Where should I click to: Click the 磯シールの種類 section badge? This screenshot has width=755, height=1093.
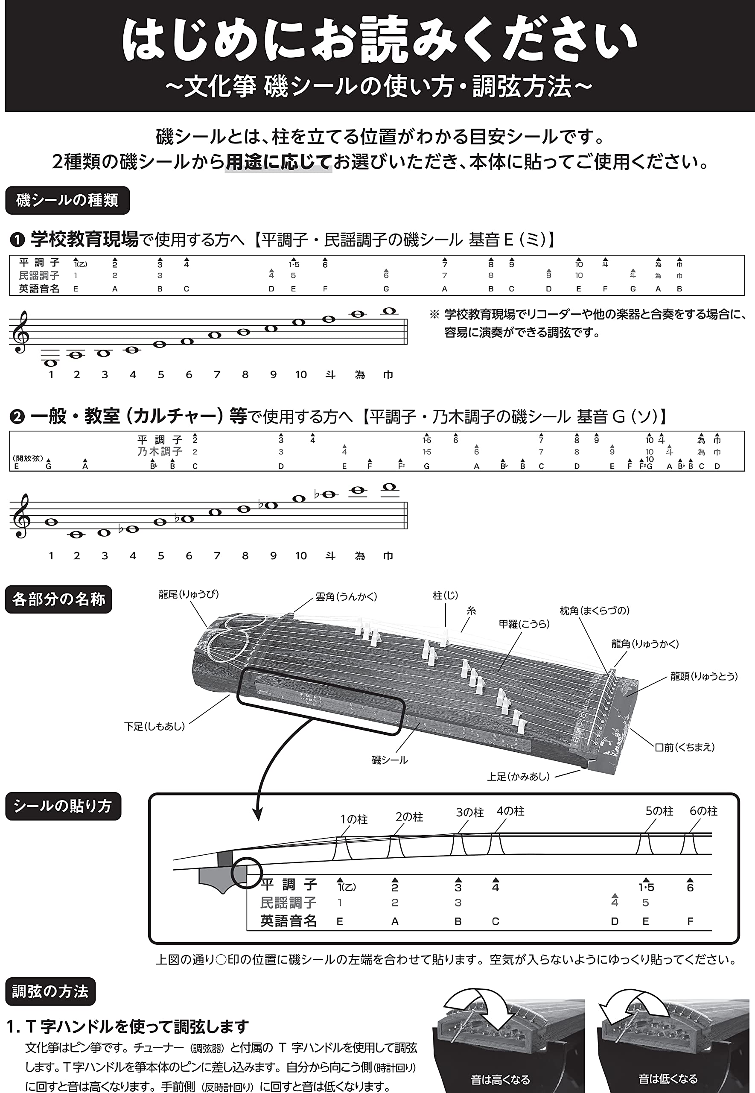pos(67,201)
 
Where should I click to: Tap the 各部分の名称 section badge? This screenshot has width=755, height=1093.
pos(58,599)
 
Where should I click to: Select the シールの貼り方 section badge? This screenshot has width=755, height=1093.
pos(63,806)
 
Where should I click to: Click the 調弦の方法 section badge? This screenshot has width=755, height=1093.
pos(50,991)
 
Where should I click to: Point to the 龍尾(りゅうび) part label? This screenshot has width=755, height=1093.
pos(189,594)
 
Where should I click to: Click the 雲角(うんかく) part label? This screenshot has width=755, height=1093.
pos(346,596)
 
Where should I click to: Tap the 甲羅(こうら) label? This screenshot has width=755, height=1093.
pos(524,624)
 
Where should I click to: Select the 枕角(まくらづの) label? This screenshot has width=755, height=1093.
pos(595,611)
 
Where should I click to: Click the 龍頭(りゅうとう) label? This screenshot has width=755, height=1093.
pos(704,676)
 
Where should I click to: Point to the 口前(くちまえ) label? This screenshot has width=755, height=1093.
pos(685,747)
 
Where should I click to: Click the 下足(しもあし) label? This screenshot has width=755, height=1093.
pos(154,726)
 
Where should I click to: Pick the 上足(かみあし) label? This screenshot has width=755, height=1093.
pos(519,777)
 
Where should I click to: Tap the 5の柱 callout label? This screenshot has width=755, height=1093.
pos(659,811)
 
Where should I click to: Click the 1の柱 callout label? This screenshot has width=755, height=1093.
pos(354,819)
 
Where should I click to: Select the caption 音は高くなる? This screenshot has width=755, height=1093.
pos(500,1080)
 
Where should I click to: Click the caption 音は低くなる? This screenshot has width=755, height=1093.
pos(668,1079)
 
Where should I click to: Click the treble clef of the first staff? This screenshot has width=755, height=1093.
pos(21,332)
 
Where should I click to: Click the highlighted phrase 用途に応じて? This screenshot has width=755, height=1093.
pos(278,162)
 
